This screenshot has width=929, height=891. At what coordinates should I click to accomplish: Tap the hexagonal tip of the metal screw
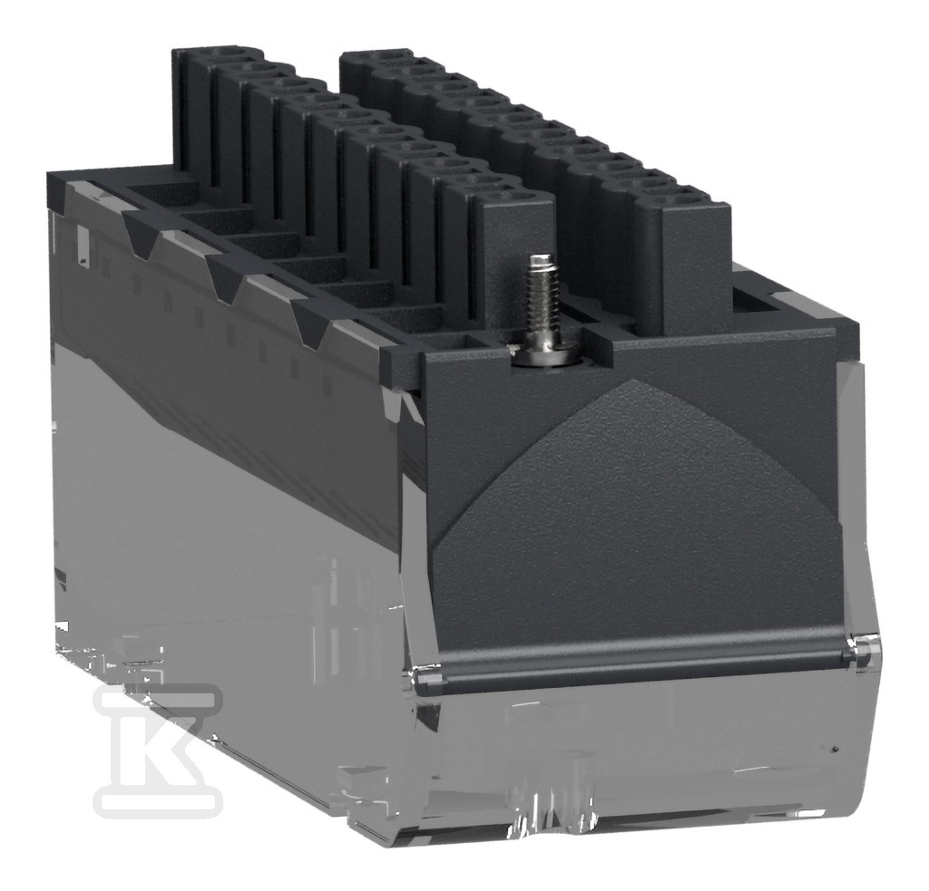tap(539, 260)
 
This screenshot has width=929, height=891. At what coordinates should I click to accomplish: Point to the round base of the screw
tap(542, 355)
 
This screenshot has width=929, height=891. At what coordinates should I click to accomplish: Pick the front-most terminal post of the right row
tap(694, 260)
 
